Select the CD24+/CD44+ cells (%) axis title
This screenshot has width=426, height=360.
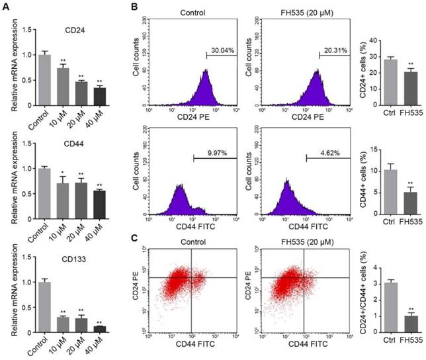[360, 298]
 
